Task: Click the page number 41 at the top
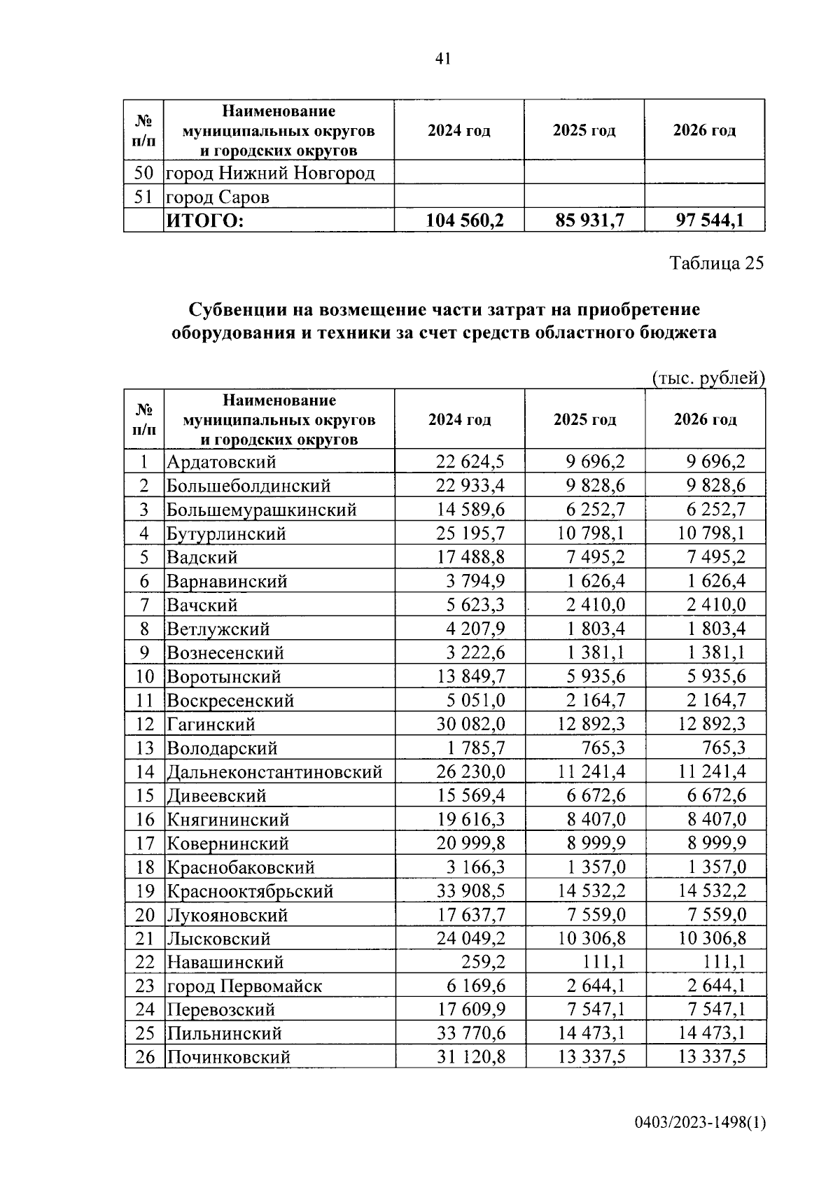point(442,59)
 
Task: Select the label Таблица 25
point(716,263)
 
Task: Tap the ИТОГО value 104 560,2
point(465,221)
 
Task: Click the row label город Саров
point(218,197)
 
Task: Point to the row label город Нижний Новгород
point(270,173)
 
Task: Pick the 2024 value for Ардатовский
point(470,461)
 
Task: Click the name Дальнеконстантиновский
point(274,772)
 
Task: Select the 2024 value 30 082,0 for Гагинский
point(470,724)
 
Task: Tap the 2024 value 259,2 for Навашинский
point(483,963)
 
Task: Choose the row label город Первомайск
point(244,986)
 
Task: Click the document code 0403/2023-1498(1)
point(701,1124)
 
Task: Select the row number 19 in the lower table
point(144,891)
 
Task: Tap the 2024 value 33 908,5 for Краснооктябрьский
point(470,891)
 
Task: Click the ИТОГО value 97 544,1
point(710,221)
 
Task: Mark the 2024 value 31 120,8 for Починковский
point(470,1057)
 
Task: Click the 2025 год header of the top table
point(584,130)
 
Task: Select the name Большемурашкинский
point(261,510)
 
